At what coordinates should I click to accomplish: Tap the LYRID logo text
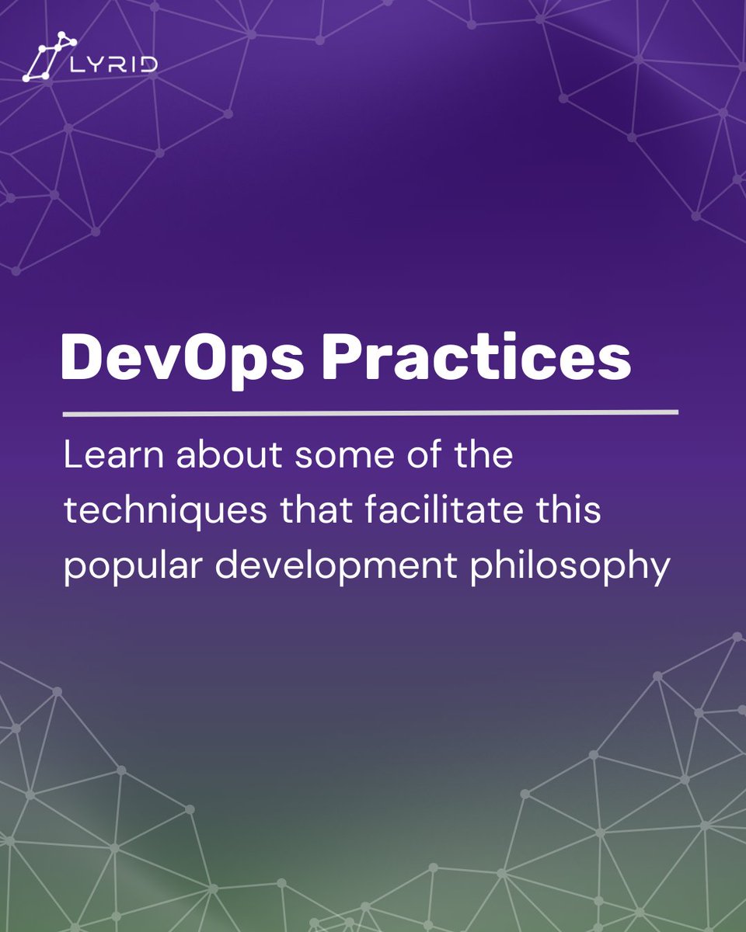click(x=113, y=63)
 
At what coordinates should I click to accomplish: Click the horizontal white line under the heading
click(x=370, y=413)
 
